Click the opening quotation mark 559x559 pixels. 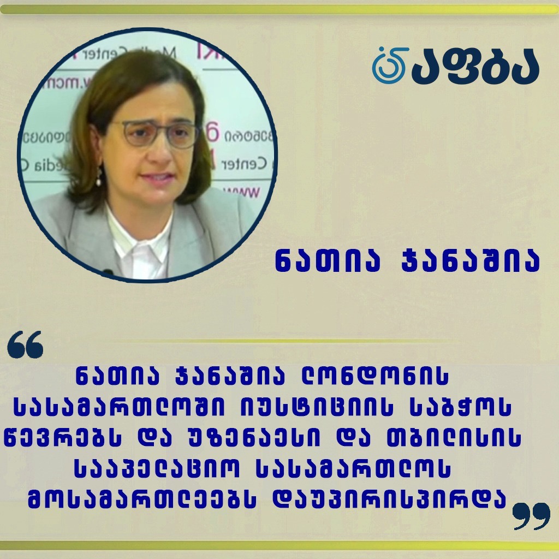(x=25, y=344)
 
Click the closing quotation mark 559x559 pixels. (x=531, y=516)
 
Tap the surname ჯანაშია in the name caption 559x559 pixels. (x=471, y=262)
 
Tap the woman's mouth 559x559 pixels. (x=157, y=177)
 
